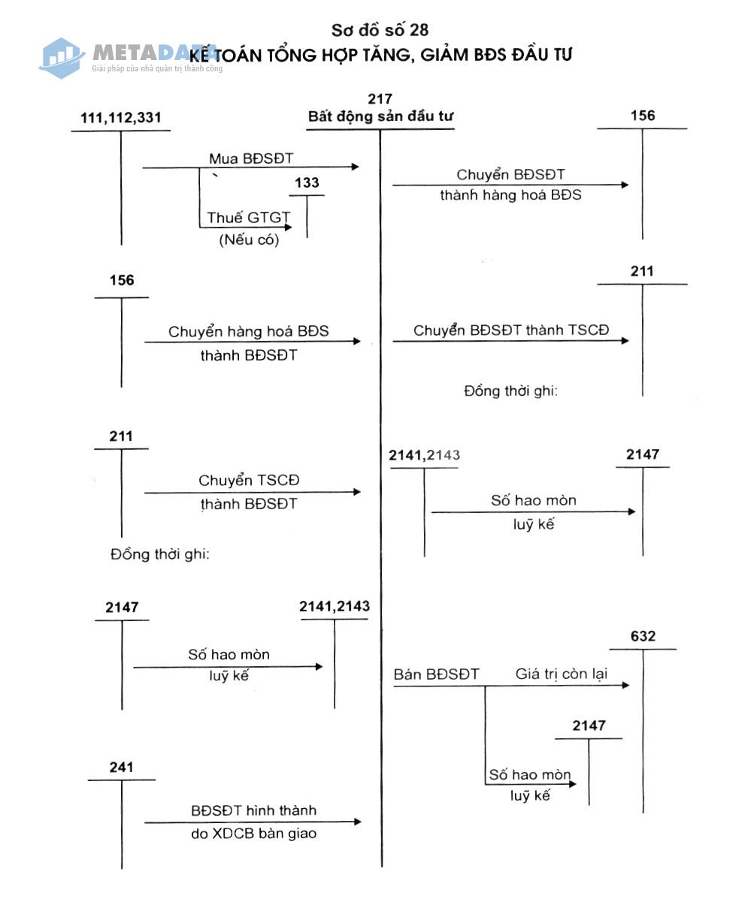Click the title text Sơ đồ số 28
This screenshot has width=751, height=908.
coord(380,30)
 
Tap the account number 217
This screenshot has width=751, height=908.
coord(380,99)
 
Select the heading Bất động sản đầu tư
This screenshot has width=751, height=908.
coord(380,116)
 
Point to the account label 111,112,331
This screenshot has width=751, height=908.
coord(120,118)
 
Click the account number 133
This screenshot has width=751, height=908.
coord(307,183)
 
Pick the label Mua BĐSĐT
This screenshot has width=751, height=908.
coord(251,158)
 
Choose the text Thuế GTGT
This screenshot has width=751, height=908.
coord(248,218)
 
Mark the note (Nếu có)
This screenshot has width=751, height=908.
coord(249,240)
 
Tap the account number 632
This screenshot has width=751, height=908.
coord(643,636)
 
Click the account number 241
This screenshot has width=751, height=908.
coord(121,767)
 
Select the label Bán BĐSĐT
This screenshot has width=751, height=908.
coord(436,674)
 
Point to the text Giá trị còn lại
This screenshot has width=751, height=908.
coord(561,674)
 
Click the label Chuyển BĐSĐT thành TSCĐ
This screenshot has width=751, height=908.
coord(511,330)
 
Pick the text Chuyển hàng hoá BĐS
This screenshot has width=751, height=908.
coord(248,331)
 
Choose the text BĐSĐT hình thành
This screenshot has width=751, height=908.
coord(253,810)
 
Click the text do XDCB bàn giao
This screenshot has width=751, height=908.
coord(253,833)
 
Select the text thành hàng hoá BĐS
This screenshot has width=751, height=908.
coord(510,195)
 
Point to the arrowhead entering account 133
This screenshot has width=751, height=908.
coord(288,227)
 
